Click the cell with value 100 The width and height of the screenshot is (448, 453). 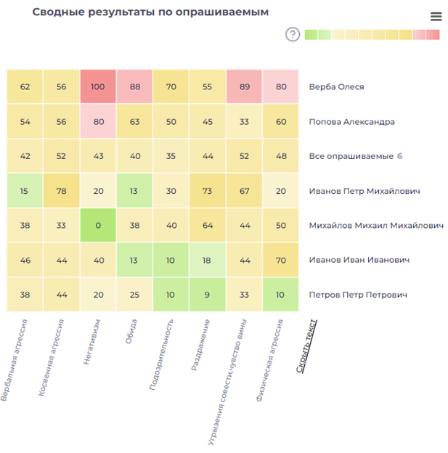point(98,87)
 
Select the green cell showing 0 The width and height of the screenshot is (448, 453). point(98,226)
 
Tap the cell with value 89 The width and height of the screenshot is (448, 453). point(244,87)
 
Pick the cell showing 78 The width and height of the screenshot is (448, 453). point(61,191)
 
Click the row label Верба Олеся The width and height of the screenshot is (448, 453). point(336,87)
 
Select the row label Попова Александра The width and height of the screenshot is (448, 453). point(351,122)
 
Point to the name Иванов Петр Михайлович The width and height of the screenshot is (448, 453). point(364,191)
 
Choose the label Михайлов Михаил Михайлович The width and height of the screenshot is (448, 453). point(376,226)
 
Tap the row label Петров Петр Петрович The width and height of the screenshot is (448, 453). point(358,295)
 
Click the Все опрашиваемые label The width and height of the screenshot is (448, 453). point(351,156)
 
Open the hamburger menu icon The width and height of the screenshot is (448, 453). point(436,17)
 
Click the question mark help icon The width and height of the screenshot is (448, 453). point(293,34)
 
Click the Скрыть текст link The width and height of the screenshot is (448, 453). point(306,346)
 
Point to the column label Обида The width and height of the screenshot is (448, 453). point(131,331)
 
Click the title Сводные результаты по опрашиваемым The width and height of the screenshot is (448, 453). point(150,12)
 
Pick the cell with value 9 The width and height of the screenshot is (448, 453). point(208,295)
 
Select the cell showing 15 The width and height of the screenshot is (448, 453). point(25,191)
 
